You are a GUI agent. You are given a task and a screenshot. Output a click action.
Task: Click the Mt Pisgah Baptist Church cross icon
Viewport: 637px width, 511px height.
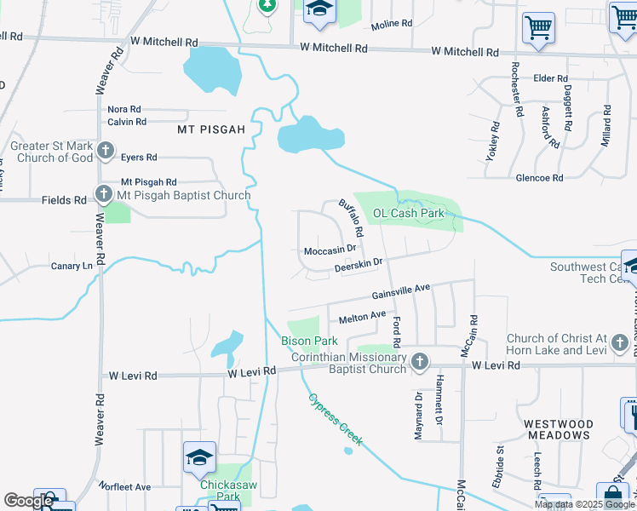(x=104, y=195)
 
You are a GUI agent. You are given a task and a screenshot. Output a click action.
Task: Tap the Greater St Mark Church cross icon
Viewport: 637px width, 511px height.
(x=106, y=152)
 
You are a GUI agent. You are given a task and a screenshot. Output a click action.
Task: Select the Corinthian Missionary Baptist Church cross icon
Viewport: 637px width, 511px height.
(x=419, y=363)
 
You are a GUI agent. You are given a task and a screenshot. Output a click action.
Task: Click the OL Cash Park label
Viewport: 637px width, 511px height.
(x=409, y=213)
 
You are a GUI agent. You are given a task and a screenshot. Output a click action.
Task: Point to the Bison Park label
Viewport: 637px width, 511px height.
(x=310, y=342)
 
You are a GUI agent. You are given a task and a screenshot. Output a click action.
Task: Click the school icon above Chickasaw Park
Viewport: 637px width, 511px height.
(x=198, y=457)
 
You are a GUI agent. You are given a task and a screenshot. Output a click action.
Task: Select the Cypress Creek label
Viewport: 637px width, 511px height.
(x=336, y=419)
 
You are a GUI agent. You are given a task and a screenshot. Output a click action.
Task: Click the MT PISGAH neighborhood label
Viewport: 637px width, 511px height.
(x=210, y=129)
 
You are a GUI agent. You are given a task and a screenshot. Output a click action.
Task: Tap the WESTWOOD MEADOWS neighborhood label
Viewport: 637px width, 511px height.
(x=558, y=429)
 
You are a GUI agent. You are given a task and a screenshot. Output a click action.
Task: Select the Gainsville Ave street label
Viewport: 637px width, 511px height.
(x=400, y=292)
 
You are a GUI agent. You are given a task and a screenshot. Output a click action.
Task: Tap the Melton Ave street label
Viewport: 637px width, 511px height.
(x=362, y=317)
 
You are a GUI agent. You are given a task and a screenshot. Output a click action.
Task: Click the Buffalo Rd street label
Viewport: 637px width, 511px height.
(x=351, y=218)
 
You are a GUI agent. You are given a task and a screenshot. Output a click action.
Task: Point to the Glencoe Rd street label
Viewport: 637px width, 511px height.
(x=540, y=178)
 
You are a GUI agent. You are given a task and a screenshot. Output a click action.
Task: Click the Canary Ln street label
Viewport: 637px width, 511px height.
(x=72, y=266)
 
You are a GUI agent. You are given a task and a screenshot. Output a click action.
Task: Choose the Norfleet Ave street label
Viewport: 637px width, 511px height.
(x=124, y=487)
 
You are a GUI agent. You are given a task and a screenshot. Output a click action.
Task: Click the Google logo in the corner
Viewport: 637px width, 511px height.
(x=28, y=501)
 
